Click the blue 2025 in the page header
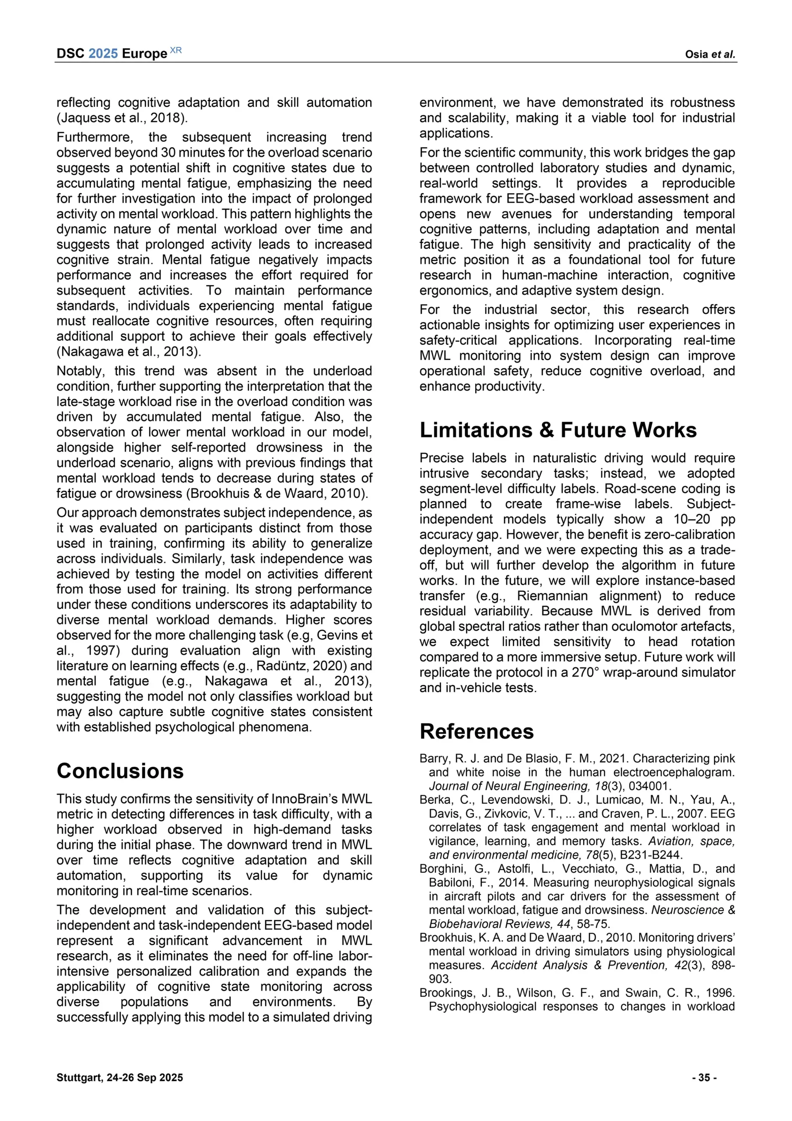click(x=103, y=53)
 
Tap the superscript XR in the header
click(x=175, y=50)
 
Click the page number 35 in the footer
click(x=704, y=1078)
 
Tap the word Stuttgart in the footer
click(x=78, y=1078)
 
